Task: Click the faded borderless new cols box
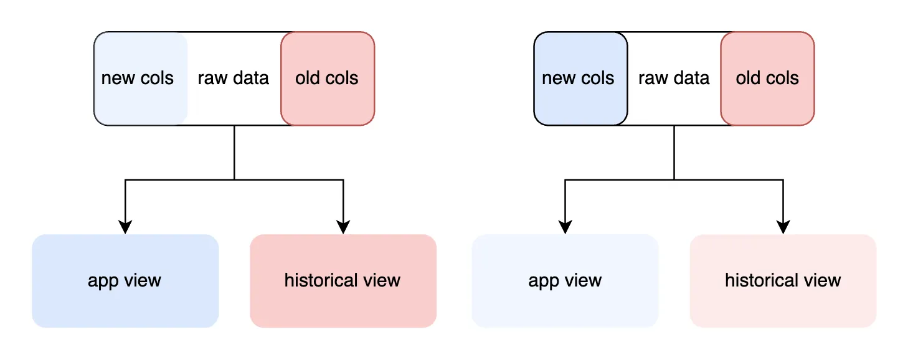tap(140, 78)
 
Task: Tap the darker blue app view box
tap(125, 281)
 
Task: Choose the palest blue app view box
tap(565, 281)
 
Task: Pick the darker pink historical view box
tap(343, 281)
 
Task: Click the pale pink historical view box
tap(783, 281)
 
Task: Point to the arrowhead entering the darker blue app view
tap(125, 227)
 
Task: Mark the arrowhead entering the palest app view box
tap(565, 227)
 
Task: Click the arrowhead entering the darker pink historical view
tap(343, 227)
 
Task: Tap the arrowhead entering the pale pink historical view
tap(783, 227)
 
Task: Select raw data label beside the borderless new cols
tap(234, 78)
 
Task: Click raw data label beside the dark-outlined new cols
tap(674, 78)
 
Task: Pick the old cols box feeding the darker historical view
tap(328, 78)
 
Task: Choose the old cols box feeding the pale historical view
tap(767, 78)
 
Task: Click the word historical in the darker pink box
tap(323, 281)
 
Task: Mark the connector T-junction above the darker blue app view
tap(234, 179)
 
